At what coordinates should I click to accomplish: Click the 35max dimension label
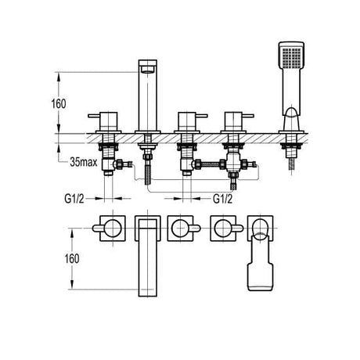(84, 162)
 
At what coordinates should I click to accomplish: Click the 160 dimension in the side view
(59, 104)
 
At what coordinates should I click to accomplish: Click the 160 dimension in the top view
(72, 258)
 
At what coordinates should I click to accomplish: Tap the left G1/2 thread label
(74, 199)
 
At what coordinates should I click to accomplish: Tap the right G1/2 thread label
(222, 199)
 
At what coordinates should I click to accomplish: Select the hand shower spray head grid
(291, 58)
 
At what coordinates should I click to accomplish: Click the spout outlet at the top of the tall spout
(148, 69)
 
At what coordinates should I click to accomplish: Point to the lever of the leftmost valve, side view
(95, 116)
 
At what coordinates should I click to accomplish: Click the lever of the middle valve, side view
(201, 116)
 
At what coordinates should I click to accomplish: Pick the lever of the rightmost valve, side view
(247, 116)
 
